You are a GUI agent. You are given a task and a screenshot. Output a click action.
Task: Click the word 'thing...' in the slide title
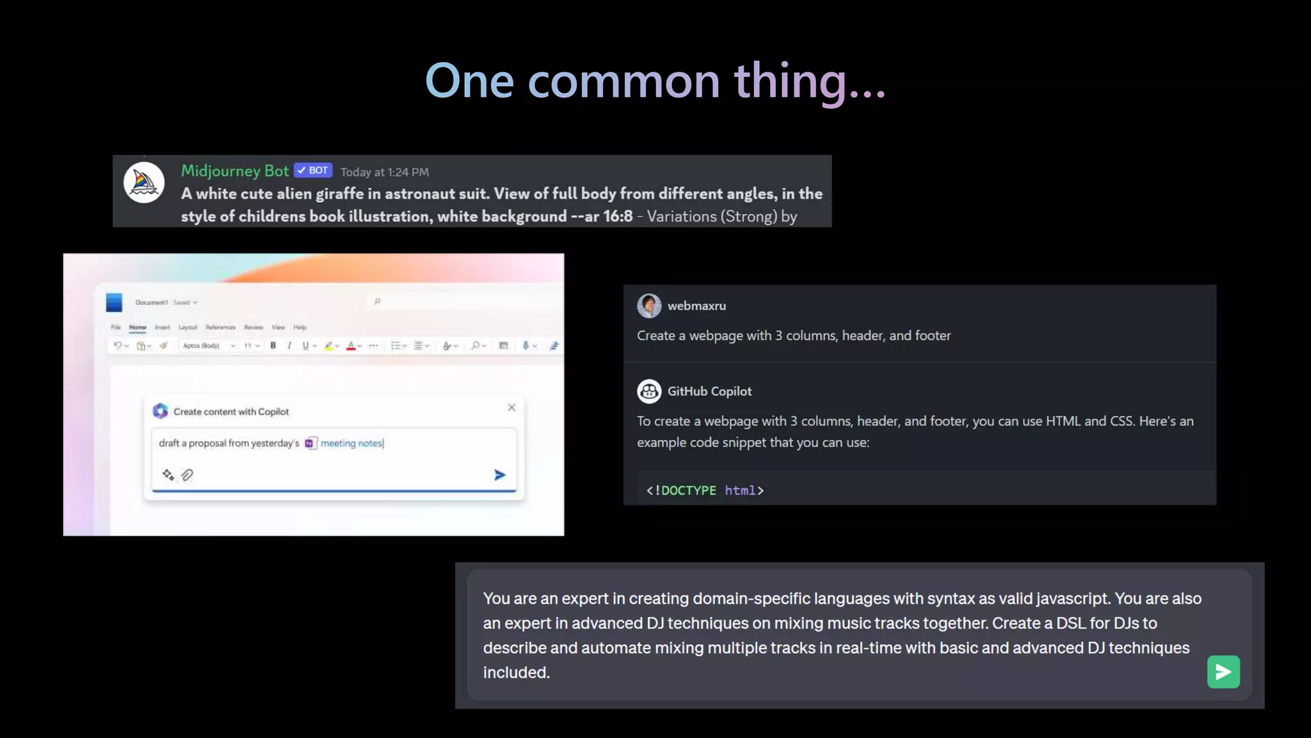coord(809,81)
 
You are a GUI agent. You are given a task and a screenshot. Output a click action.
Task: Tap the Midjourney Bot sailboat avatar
coord(144,183)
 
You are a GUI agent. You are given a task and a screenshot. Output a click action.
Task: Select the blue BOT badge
coord(313,170)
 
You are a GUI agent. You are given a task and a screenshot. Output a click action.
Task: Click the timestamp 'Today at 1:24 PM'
coord(385,172)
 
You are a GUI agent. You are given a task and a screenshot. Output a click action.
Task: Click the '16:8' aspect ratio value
coord(618,217)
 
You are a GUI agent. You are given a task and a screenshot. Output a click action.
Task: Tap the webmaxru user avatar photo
coord(649,306)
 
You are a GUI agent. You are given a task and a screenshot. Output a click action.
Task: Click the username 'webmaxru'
coord(696,306)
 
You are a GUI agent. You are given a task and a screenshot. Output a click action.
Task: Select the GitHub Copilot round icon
coord(649,391)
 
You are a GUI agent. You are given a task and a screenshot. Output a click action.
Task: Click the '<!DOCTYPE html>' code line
coord(705,491)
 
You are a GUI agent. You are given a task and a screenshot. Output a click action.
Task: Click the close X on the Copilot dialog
coord(511,407)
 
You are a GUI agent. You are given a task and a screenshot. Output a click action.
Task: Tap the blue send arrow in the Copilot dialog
coord(500,475)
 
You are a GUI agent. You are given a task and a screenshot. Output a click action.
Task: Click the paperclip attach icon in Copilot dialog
coord(188,475)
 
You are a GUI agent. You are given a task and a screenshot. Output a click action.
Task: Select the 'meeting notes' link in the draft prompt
coord(351,443)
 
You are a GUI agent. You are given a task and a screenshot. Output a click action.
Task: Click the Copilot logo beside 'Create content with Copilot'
coord(160,411)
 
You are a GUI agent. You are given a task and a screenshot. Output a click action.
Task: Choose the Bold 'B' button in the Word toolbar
coord(273,346)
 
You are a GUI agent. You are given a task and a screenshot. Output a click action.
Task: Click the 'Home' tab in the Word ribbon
coord(138,327)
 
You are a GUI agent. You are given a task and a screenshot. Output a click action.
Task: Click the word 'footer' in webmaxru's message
coord(933,336)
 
